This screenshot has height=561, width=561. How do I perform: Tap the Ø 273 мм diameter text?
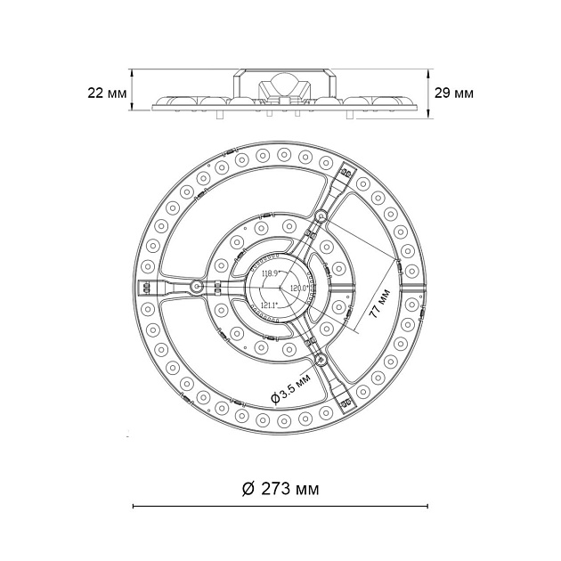click(x=280, y=489)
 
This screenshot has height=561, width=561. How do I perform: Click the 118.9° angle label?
click(x=269, y=273)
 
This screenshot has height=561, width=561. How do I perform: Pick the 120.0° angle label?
click(x=296, y=289)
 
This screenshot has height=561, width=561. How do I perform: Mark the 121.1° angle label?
click(x=268, y=304)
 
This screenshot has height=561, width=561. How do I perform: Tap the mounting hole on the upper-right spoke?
click(x=321, y=215)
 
